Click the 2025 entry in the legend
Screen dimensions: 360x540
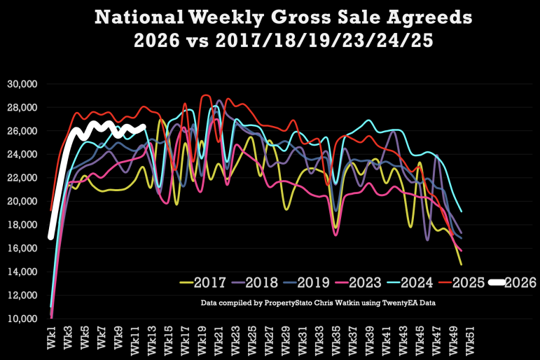click(483, 283)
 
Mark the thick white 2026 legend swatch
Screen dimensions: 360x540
click(501, 283)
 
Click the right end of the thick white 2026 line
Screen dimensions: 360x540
click(143, 127)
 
